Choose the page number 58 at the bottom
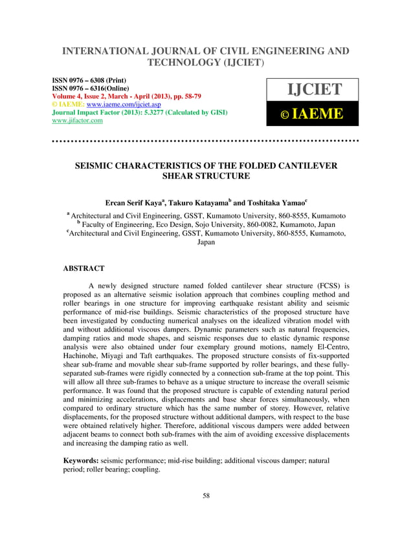206,496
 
